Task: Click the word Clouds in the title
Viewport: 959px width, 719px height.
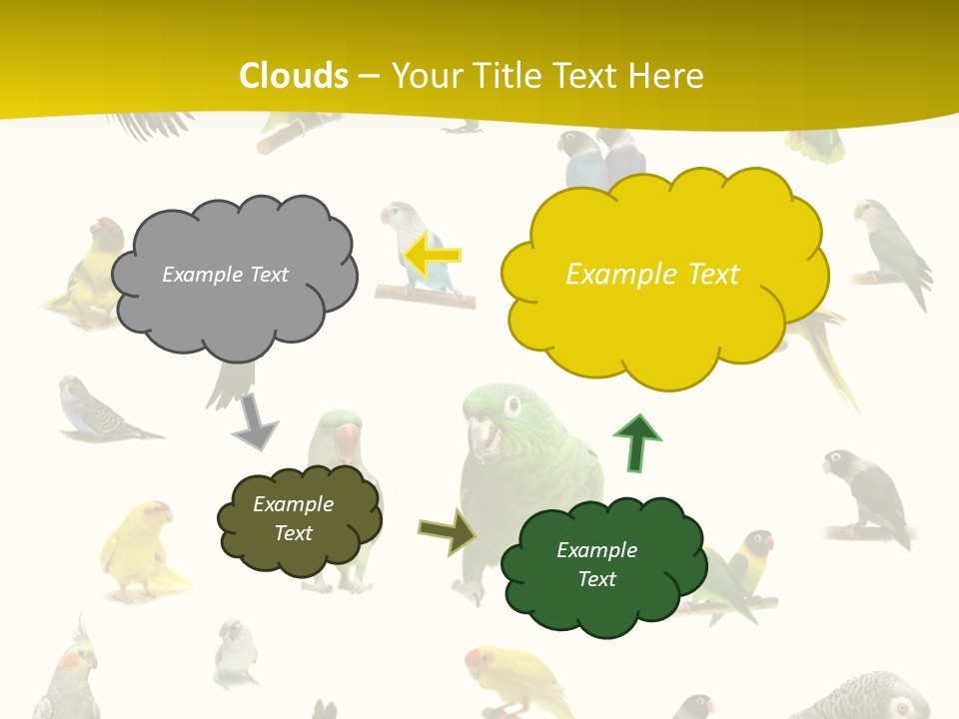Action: (x=294, y=76)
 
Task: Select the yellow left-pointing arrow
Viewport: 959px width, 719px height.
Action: (x=434, y=255)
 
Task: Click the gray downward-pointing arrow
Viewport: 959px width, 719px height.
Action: (x=255, y=421)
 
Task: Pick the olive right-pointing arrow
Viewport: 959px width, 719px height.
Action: (x=447, y=531)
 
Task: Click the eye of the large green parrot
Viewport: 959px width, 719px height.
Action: (x=513, y=405)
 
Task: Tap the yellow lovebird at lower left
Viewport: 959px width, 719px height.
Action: (x=140, y=548)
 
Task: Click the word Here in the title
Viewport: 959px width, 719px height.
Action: (x=669, y=76)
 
